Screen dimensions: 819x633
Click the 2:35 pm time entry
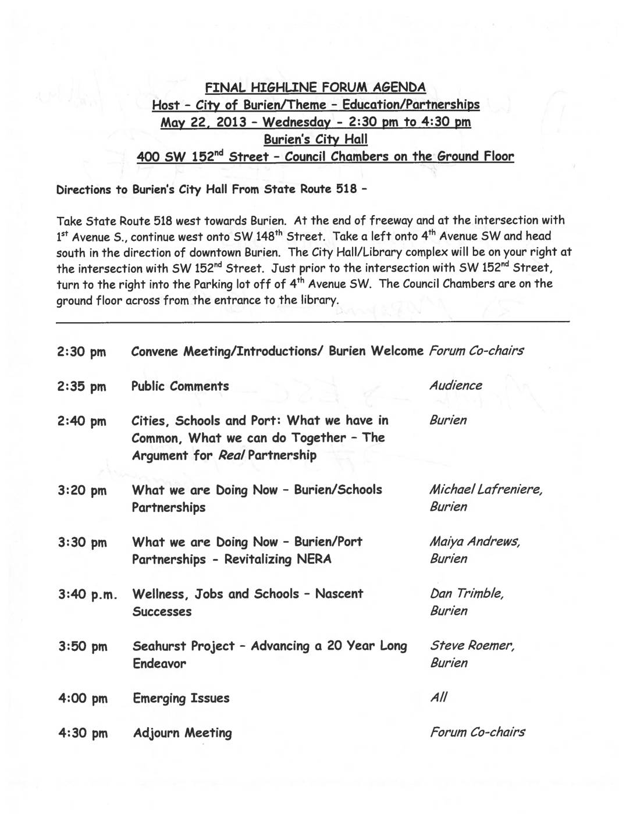click(82, 387)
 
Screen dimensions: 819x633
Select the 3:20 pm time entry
click(82, 490)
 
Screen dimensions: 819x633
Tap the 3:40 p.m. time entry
click(87, 594)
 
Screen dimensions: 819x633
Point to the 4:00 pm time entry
click(83, 699)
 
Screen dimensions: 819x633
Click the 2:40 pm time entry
click(82, 421)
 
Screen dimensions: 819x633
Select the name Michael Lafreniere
click(486, 490)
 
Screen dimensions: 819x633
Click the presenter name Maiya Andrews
click(474, 542)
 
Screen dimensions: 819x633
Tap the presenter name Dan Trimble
click(467, 594)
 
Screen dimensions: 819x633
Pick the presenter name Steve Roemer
click(472, 646)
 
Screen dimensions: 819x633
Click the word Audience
click(456, 386)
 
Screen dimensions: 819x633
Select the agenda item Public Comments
click(180, 386)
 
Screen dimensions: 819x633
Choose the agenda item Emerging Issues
click(181, 698)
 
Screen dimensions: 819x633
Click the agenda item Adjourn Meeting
click(182, 733)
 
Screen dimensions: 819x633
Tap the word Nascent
click(339, 594)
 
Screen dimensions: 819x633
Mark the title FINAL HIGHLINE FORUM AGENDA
click(315, 88)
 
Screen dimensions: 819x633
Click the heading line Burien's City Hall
click(315, 140)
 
